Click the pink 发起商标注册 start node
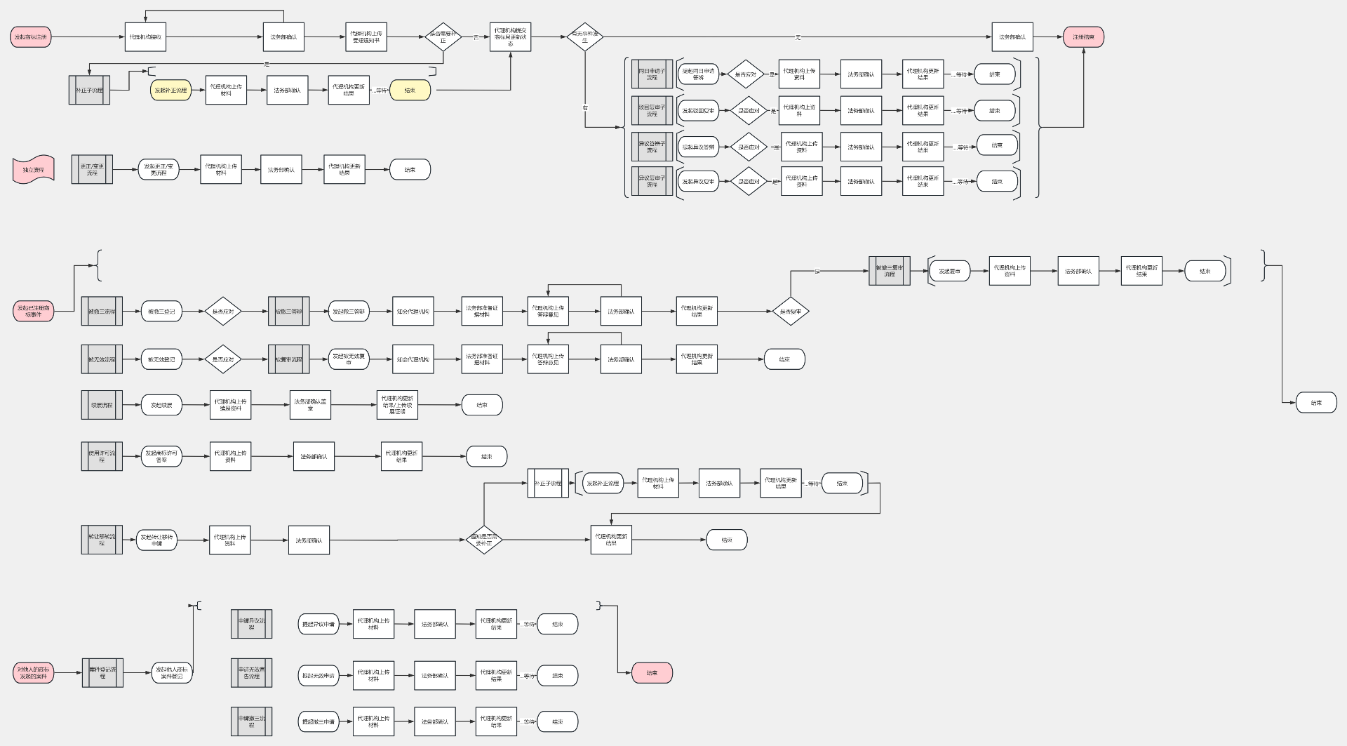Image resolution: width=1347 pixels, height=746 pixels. pos(31,37)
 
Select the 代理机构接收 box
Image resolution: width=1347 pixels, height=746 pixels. pos(145,37)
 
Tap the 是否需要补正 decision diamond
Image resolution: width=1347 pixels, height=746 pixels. pos(443,37)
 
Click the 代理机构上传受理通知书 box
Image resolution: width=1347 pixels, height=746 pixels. pos(366,37)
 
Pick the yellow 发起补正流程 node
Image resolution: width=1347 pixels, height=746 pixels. pos(170,90)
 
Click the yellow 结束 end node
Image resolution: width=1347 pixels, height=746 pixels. pos(410,90)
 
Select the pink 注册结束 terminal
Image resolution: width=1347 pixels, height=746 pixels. pos(1083,37)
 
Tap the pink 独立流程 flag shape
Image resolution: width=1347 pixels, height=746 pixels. pos(33,170)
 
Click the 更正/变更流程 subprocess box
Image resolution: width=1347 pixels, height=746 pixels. pos(92,170)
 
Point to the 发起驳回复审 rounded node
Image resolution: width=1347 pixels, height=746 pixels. pos(698,111)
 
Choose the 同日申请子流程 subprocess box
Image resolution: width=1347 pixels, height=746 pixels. pos(652,74)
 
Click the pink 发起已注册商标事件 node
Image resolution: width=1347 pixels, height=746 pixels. pos(33,311)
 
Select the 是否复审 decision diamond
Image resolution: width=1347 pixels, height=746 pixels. pos(791,311)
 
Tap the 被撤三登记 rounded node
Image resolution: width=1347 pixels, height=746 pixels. pos(161,311)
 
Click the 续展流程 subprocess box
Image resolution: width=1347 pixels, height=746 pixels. pos(102,405)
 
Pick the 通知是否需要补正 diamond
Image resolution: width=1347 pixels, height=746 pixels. pos(484,540)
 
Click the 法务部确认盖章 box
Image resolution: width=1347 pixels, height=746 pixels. pos(310,405)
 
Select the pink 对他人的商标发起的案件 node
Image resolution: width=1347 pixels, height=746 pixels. pos(33,673)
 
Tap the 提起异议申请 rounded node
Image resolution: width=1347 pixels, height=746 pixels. pos(319,624)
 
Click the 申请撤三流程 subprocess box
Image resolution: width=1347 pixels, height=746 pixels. pos(251,721)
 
